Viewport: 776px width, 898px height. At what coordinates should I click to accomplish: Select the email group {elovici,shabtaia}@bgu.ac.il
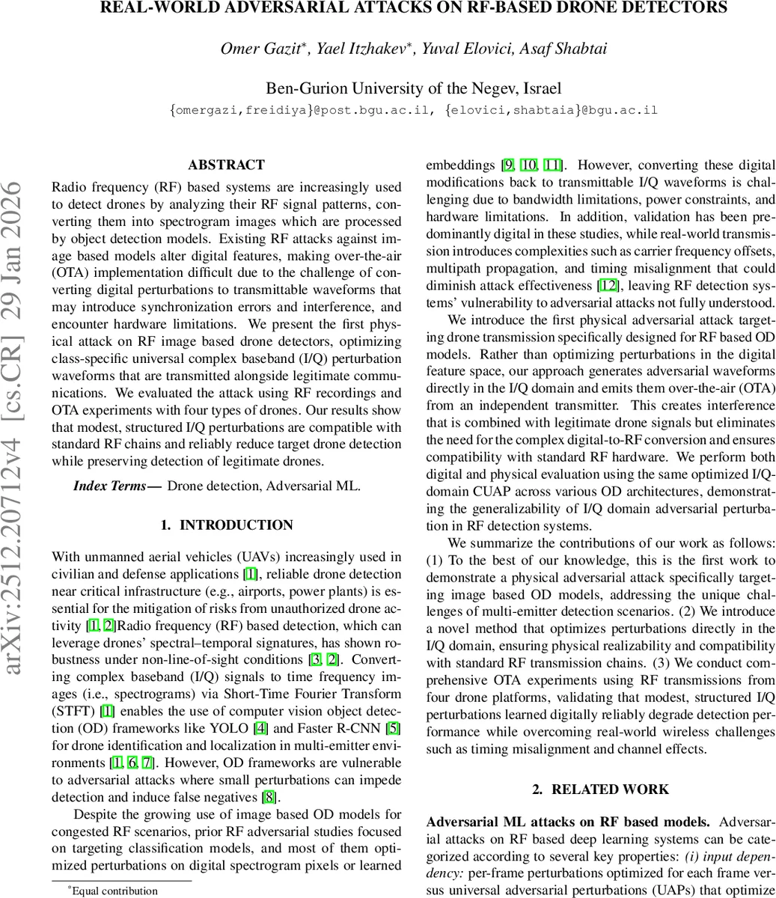[x=551, y=110]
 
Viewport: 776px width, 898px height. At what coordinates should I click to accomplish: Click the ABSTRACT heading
[x=226, y=165]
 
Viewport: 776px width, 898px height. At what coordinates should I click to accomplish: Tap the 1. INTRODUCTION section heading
[x=226, y=525]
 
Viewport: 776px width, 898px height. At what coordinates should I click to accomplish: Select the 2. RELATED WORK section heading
[x=600, y=789]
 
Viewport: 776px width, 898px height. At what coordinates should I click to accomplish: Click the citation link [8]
[x=268, y=795]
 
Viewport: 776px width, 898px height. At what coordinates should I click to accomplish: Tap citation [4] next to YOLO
[x=260, y=727]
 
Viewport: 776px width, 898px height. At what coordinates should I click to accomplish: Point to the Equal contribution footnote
[x=113, y=891]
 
